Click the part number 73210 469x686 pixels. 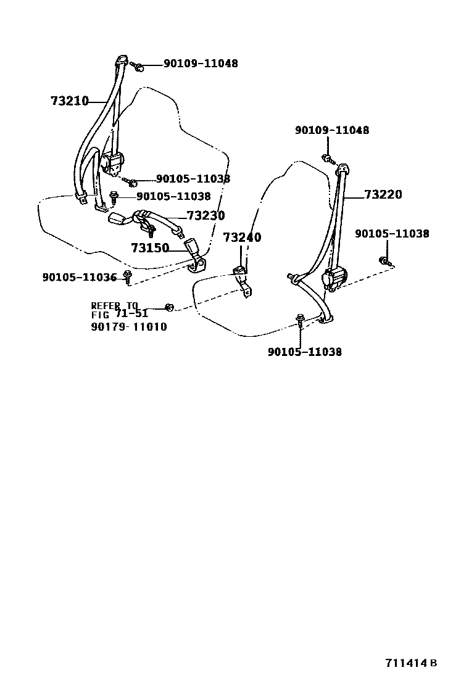[70, 101]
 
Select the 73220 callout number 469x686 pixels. [383, 195]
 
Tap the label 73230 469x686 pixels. [205, 216]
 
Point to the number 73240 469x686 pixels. [242, 238]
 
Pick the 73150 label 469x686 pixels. [150, 248]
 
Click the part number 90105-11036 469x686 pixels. [80, 278]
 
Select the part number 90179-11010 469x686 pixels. [129, 327]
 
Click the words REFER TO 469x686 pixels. [115, 305]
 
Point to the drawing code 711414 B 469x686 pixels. [412, 663]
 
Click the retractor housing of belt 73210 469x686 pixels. [113, 163]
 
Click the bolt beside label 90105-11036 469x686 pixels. [127, 275]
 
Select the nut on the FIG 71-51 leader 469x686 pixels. [170, 307]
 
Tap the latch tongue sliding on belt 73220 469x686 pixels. [295, 279]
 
